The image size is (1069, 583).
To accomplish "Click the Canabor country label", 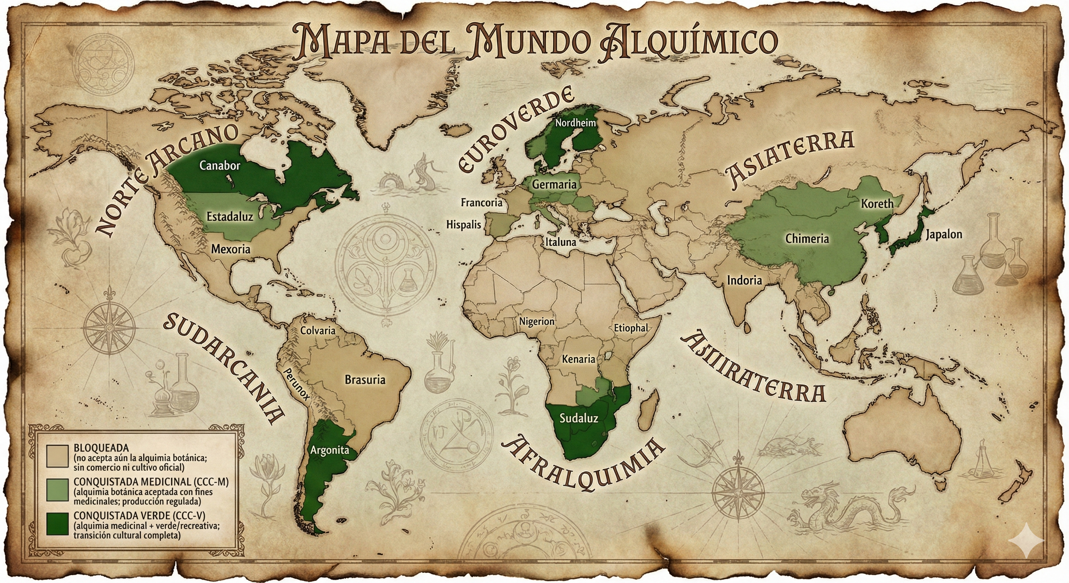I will pos(219,165).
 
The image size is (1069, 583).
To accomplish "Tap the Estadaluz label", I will pos(230,216).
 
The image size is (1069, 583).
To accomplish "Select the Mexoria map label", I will pos(231,249).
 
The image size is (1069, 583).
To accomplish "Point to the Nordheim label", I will pos(575,123).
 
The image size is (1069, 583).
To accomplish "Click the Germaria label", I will pos(554,184).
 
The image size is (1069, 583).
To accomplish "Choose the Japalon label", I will pos(944,235).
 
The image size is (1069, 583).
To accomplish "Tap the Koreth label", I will pos(877,204).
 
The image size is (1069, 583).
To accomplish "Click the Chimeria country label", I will pos(807,239).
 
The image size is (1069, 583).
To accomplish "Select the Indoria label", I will pos(744,280).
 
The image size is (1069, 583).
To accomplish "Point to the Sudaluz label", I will pos(579,418).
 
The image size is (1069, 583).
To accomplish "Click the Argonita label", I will pos(330,450).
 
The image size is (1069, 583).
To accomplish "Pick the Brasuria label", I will pos(365,379).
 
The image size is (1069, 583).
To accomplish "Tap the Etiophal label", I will pos(631,328).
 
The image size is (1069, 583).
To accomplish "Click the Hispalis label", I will pos(464,225).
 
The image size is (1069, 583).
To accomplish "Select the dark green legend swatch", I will pos(57,525).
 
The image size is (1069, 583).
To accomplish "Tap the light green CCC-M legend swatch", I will pos(57,490).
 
